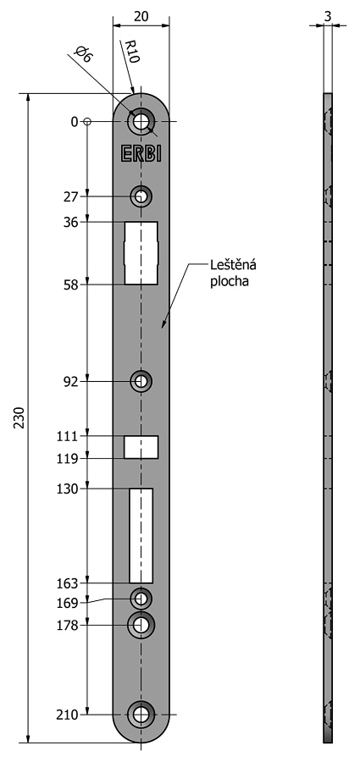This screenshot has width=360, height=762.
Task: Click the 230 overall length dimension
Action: pyautogui.click(x=19, y=417)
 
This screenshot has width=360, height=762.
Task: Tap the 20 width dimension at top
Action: pyautogui.click(x=141, y=16)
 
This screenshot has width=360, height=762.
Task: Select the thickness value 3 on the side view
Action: pyautogui.click(x=328, y=16)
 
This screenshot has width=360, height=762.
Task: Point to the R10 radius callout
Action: pyautogui.click(x=132, y=52)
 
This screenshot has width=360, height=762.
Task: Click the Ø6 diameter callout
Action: pyautogui.click(x=83, y=54)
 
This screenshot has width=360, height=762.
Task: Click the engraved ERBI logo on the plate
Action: pyautogui.click(x=141, y=153)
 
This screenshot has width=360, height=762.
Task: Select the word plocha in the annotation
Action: pyautogui.click(x=230, y=282)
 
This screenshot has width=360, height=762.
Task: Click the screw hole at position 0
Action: pyautogui.click(x=141, y=121)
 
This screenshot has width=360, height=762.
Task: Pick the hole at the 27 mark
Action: pyautogui.click(x=141, y=196)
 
